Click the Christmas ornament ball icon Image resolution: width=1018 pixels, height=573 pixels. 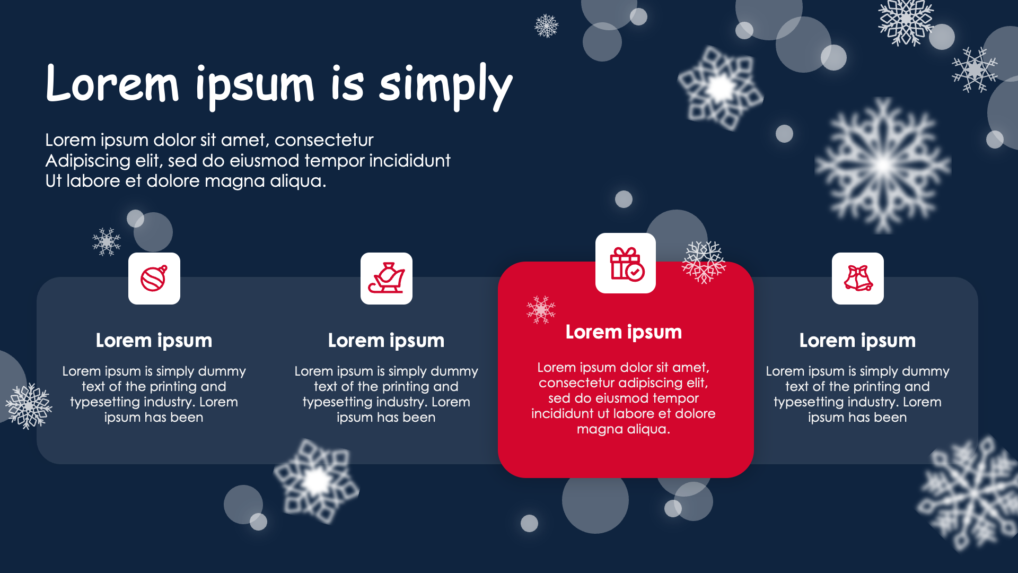coord(154,278)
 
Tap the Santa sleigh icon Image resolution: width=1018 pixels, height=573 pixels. coord(387,278)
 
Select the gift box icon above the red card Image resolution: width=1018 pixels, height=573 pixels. coord(626,264)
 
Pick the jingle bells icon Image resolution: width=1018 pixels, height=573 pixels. coord(858,278)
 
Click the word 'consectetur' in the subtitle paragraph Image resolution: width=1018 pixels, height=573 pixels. coord(324,140)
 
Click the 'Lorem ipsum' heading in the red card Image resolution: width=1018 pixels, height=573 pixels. coord(624,333)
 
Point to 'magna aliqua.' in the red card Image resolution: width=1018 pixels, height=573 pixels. coord(624,429)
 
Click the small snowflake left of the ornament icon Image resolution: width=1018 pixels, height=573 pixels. coord(107,242)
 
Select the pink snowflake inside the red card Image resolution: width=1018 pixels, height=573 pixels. coord(541,310)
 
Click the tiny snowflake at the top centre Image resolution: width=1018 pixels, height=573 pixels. coord(547,25)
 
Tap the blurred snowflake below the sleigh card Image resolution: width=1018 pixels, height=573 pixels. coord(317,481)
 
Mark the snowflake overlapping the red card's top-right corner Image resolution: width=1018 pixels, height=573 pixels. coord(704,262)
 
